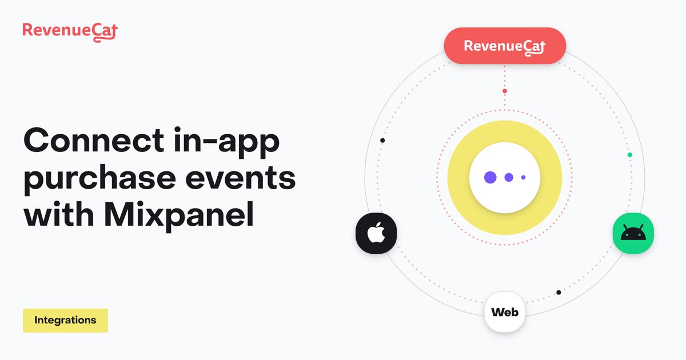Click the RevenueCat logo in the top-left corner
(70, 30)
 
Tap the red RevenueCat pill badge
(505, 46)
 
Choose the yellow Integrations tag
(65, 321)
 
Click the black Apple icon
(376, 233)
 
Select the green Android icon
(633, 233)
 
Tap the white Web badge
(505, 313)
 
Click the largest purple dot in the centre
(490, 177)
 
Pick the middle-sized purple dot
(508, 177)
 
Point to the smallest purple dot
(523, 177)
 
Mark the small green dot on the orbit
(630, 155)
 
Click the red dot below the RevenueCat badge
(505, 91)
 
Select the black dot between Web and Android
(559, 293)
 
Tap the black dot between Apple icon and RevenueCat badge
(382, 141)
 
